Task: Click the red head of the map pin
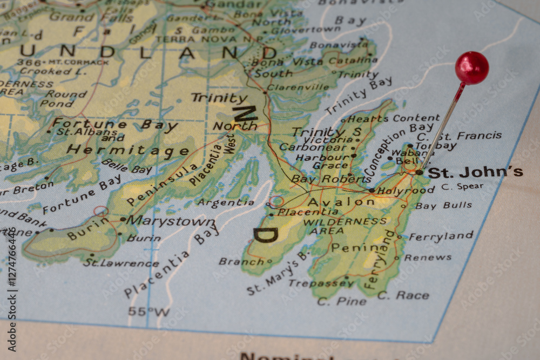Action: pyautogui.click(x=471, y=68)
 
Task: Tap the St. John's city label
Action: pyautogui.click(x=475, y=172)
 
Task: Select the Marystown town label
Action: pyautogui.click(x=171, y=221)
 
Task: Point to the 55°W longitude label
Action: pyautogui.click(x=148, y=311)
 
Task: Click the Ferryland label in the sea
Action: pyautogui.click(x=441, y=236)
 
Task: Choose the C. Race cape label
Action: pyautogui.click(x=403, y=295)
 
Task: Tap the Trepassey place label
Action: pyautogui.click(x=321, y=283)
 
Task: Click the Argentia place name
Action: pyautogui.click(x=225, y=203)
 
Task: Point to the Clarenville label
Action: pyautogui.click(x=298, y=87)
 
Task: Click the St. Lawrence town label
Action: pyautogui.click(x=121, y=263)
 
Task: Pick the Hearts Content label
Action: pyautogui.click(x=394, y=118)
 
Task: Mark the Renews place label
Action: pyautogui.click(x=428, y=257)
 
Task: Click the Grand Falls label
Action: pyautogui.click(x=79, y=16)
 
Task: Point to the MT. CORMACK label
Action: pyautogui.click(x=78, y=62)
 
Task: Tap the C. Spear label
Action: pyautogui.click(x=462, y=187)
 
